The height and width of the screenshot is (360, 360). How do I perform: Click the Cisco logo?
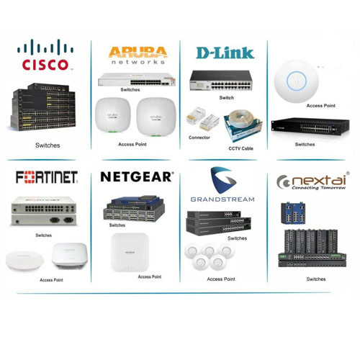pos(45,55)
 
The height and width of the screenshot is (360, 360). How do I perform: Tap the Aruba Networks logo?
pos(138,55)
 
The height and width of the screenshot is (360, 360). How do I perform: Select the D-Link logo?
pos(225,53)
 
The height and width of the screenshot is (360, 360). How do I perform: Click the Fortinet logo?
pos(47,177)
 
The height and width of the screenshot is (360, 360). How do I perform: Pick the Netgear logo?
pos(137,177)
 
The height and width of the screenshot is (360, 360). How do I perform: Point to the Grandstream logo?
pos(222,184)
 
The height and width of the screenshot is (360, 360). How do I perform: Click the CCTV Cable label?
pos(240,148)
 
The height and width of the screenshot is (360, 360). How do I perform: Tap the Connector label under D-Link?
pos(199,138)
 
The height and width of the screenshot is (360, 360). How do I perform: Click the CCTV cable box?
pos(243,126)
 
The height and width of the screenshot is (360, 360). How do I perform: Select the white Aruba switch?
pos(137,80)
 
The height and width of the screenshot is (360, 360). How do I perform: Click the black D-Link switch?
pos(221,81)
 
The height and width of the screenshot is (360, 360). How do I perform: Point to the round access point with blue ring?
pos(297,81)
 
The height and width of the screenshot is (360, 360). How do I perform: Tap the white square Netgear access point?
pos(130,252)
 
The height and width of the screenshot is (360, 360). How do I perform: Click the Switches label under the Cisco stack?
pos(48,145)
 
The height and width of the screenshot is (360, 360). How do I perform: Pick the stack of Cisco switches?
pos(43,107)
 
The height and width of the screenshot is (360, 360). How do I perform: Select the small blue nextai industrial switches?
pos(293,213)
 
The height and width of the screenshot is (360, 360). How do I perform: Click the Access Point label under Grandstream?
pos(221,279)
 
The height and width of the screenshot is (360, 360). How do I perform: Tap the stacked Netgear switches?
pos(134,208)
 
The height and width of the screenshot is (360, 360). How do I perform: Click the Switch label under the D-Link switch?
pos(226,98)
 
